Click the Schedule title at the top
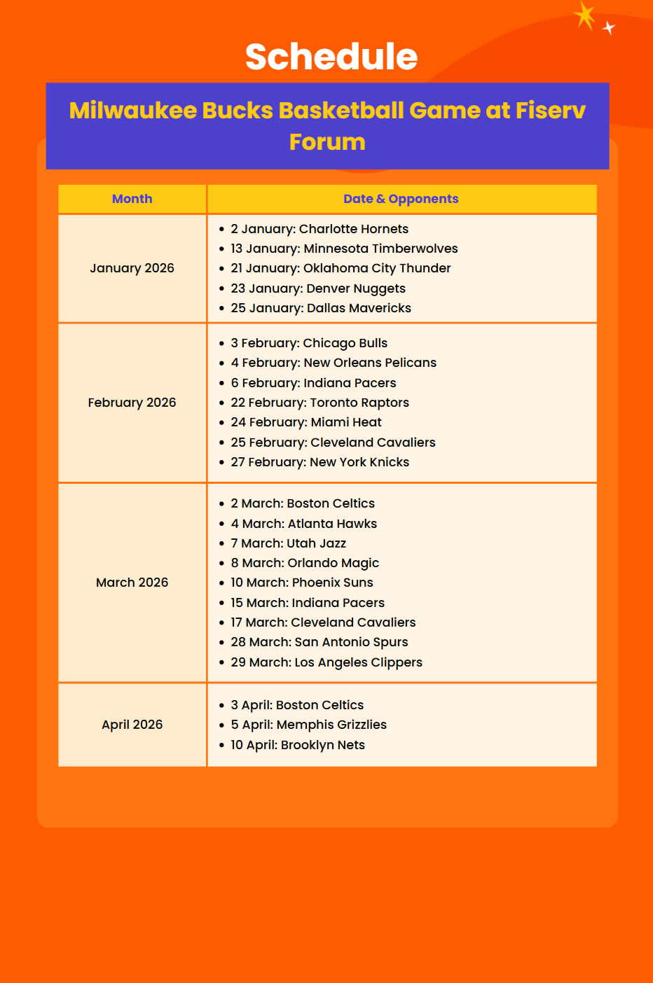(331, 57)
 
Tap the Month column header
(132, 199)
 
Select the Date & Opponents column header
(401, 199)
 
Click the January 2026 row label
(132, 268)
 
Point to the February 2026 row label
(132, 403)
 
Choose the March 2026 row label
(132, 583)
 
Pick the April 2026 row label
(132, 725)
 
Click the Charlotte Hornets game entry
(319, 229)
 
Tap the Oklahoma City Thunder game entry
(341, 268)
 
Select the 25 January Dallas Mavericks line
(320, 308)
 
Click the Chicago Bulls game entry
(308, 343)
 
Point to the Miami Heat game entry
(305, 422)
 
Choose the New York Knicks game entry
(319, 462)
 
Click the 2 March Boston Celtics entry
(302, 503)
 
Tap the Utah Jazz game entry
(288, 543)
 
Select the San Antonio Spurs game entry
(319, 642)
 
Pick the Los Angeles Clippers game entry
(326, 662)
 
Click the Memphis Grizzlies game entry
(308, 725)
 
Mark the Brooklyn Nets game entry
(297, 745)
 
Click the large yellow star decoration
(584, 15)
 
